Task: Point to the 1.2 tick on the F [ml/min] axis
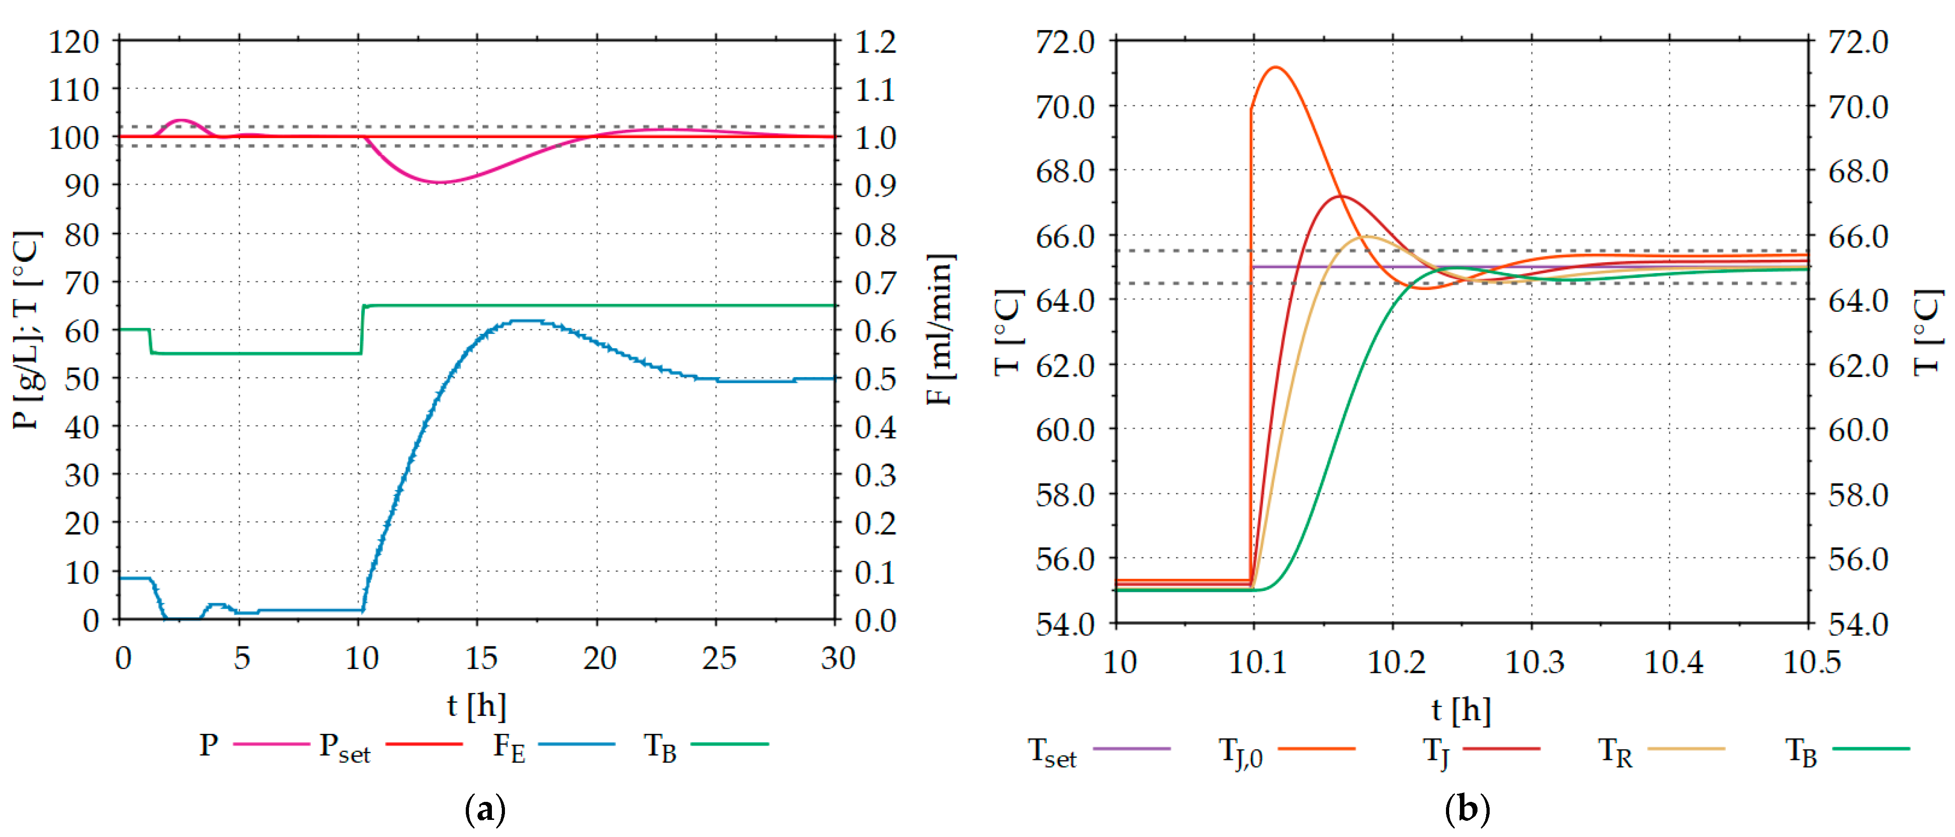tap(875, 42)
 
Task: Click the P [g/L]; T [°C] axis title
tap(27, 330)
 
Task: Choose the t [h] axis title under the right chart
tap(1461, 710)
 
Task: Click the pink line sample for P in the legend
tap(271, 744)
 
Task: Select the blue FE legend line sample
tap(577, 744)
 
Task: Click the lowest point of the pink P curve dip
tap(440, 182)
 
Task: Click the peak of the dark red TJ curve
tap(1341, 196)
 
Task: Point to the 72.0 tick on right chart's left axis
tap(1065, 42)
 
